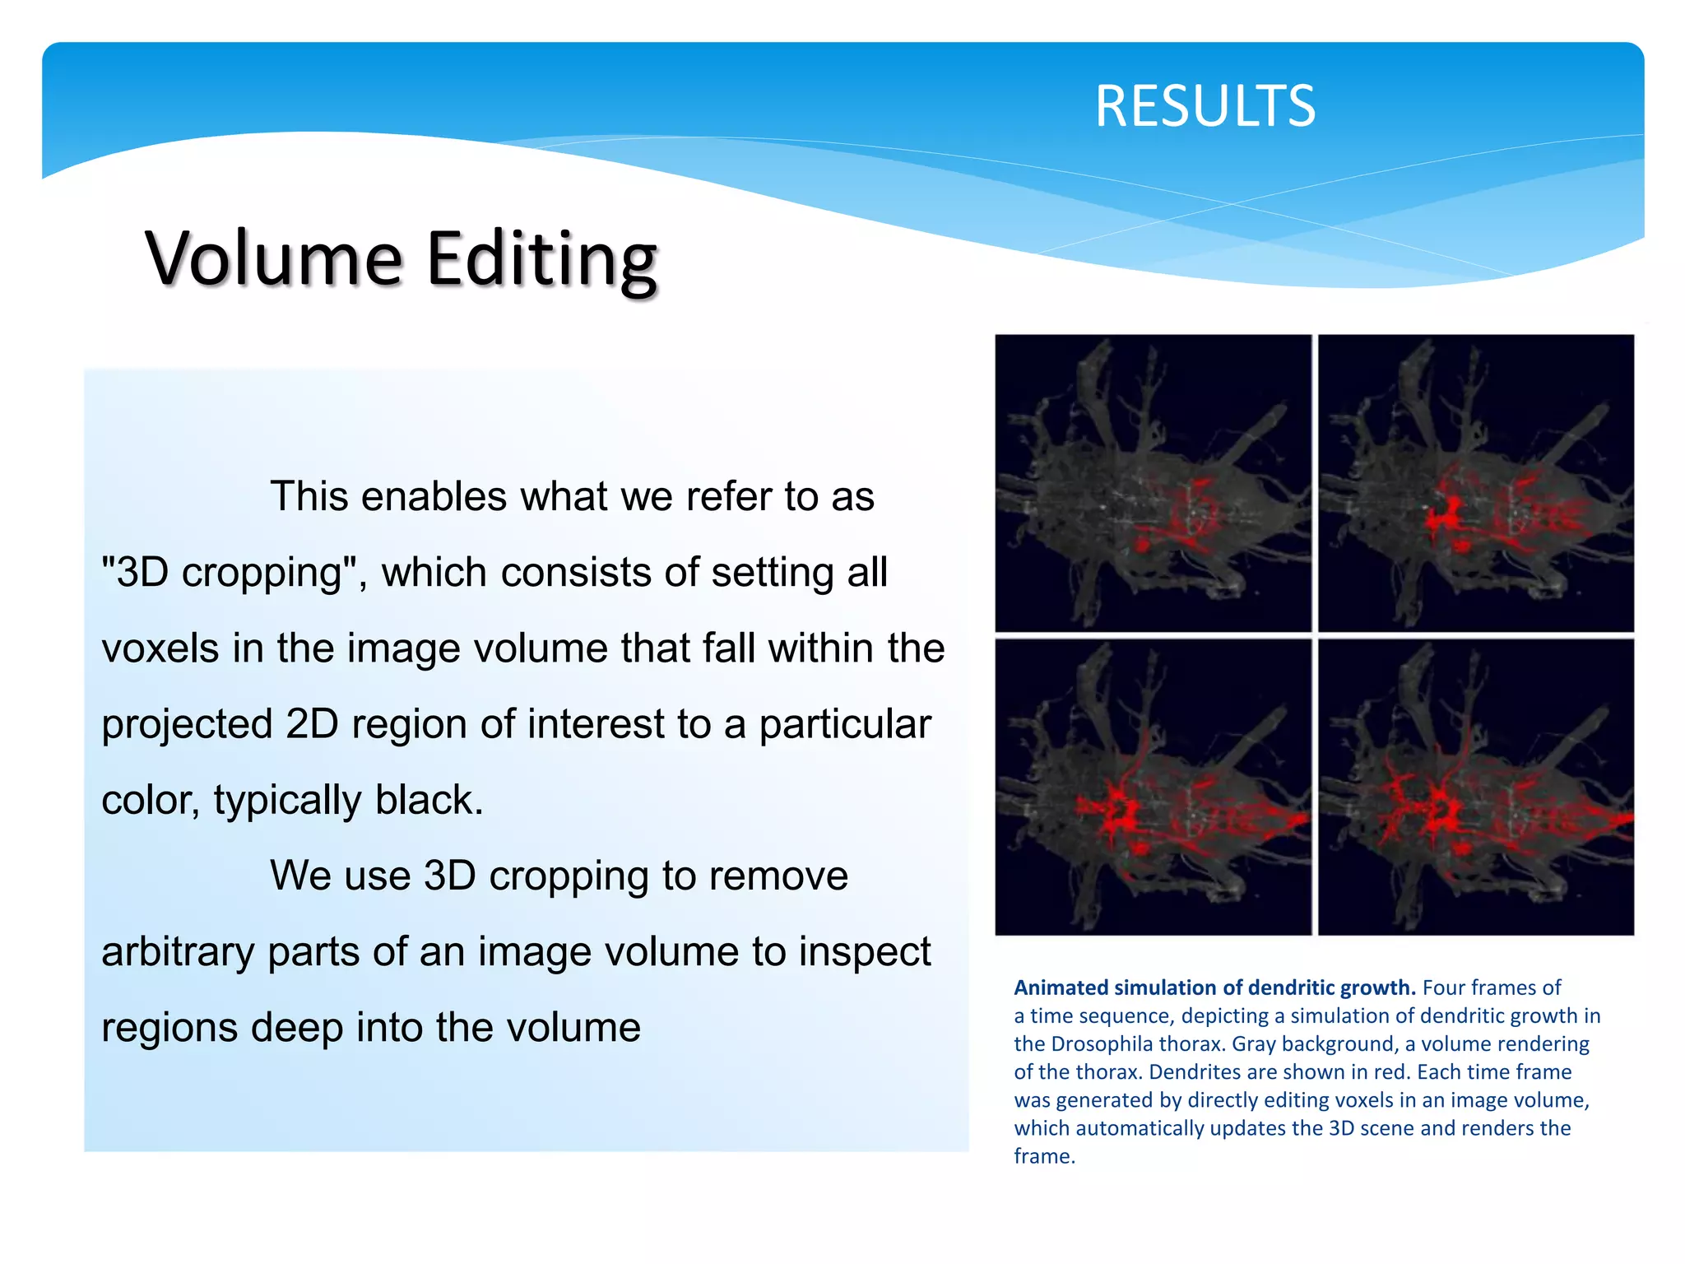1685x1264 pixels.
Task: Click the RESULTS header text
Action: point(1205,106)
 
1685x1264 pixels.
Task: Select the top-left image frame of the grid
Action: point(1153,483)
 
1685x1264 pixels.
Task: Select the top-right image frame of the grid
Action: point(1476,483)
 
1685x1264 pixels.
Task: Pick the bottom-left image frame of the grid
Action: point(1153,787)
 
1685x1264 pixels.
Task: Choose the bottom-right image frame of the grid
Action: point(1476,787)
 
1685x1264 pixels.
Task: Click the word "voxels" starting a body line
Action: point(160,648)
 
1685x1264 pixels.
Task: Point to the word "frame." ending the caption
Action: point(1044,1156)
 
